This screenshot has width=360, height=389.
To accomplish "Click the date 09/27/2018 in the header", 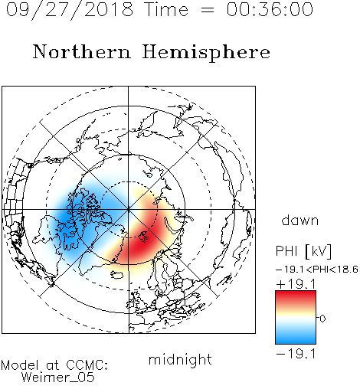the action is click(70, 9).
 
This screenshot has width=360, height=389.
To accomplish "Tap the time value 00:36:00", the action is click(270, 9).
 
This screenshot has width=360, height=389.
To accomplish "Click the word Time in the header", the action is click(166, 9).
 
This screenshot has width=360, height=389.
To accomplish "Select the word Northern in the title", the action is click(81, 51).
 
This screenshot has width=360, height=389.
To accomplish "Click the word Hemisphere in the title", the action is click(206, 53).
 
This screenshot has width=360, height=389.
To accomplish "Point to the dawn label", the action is click(300, 220).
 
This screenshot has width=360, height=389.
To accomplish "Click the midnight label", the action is click(180, 359).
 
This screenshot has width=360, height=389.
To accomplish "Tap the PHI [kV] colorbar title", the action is click(303, 251).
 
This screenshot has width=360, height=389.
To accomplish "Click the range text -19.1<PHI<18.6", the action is click(317, 270).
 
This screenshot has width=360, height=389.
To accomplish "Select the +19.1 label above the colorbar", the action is click(296, 284).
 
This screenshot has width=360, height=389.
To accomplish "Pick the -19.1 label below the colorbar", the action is click(296, 354).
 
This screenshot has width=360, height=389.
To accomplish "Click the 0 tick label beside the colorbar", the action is click(322, 319).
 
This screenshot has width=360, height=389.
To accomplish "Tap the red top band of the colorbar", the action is click(296, 296).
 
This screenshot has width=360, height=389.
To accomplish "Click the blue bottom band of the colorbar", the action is click(296, 338).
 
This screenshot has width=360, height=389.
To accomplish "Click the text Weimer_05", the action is click(58, 378).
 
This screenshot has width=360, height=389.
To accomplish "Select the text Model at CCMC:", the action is click(54, 365).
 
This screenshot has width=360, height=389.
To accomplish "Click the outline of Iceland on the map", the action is click(117, 275).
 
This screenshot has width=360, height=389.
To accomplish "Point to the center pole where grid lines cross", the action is click(129, 209).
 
